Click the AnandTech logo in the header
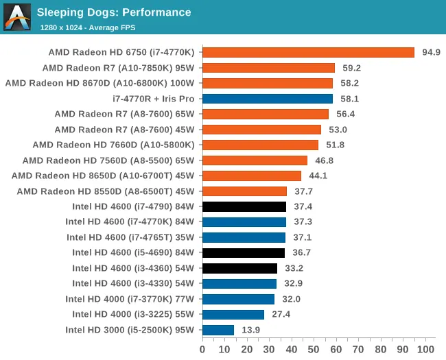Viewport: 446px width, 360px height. coord(17,17)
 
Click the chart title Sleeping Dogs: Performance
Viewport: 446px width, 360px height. coord(114,12)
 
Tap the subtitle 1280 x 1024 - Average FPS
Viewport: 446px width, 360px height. coord(88,27)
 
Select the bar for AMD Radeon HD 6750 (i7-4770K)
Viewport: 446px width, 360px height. coord(308,53)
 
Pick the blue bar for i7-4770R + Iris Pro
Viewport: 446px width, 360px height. coord(268,99)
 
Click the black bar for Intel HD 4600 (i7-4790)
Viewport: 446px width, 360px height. coord(244,206)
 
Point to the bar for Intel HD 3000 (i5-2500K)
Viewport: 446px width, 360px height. coord(218,330)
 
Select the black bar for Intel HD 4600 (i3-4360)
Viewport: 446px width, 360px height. coord(239,268)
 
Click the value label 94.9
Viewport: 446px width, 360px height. coord(431,52)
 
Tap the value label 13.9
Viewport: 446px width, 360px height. coord(251,330)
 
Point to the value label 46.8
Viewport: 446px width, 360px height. coord(325,160)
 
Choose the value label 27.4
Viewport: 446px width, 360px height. coord(281,314)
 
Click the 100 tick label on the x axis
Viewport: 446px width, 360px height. coord(425,350)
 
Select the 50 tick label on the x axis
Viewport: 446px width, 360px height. coord(314,350)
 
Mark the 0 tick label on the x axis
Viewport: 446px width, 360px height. coord(202,350)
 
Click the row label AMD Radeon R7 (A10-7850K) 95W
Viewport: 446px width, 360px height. coord(118,69)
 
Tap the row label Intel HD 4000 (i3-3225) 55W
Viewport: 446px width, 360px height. coord(133,314)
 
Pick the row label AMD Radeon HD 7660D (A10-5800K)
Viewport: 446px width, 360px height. coord(113,145)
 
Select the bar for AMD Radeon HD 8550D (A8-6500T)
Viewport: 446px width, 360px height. coord(245,191)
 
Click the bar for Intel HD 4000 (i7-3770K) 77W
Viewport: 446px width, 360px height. coord(238,299)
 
